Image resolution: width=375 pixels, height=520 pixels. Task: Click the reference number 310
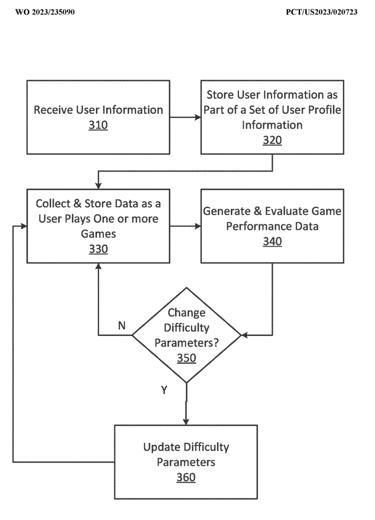(x=98, y=125)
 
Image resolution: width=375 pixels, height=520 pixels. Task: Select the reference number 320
(x=272, y=140)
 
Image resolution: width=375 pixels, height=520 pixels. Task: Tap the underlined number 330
(x=98, y=249)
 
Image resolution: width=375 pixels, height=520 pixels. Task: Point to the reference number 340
(x=272, y=242)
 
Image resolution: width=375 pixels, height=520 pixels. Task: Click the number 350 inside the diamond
(x=187, y=358)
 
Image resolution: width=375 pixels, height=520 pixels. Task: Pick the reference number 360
(x=186, y=478)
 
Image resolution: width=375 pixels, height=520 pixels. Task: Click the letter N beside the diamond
(x=122, y=325)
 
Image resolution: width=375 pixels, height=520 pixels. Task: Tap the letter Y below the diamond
(x=164, y=390)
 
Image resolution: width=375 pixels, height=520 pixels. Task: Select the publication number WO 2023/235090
(x=45, y=12)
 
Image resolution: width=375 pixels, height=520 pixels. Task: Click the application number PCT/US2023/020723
(x=322, y=12)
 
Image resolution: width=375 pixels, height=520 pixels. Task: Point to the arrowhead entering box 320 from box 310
(x=198, y=117)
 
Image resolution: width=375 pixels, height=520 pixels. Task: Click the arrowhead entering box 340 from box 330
(x=198, y=226)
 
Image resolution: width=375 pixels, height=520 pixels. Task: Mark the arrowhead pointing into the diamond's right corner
(x=245, y=335)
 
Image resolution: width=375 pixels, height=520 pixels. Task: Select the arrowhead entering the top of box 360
(x=186, y=422)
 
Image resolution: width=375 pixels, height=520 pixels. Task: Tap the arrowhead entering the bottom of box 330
(x=98, y=267)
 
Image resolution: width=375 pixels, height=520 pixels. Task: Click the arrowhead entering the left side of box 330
(x=24, y=226)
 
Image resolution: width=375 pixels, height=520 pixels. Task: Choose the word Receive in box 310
(x=53, y=110)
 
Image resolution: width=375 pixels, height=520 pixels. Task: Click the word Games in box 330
(x=98, y=234)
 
